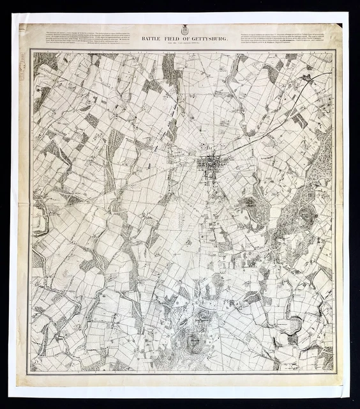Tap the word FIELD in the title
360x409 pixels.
pyautogui.click(x=169, y=39)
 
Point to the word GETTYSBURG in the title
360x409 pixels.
pyautogui.click(x=207, y=39)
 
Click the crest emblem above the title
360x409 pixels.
pyautogui.click(x=183, y=29)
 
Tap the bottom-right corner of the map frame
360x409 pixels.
pyautogui.click(x=334, y=371)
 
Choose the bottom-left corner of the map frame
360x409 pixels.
pyautogui.click(x=32, y=371)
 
